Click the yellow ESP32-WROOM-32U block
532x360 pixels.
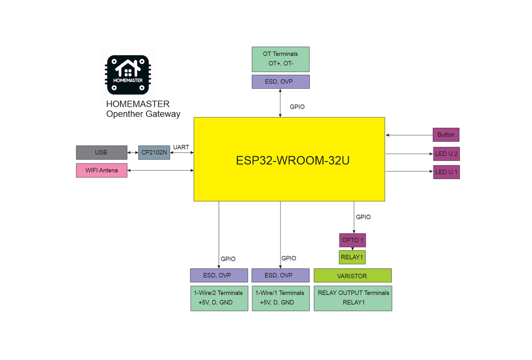pyautogui.click(x=289, y=159)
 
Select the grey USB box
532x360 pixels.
pyautogui.click(x=101, y=153)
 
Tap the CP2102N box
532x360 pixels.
pyautogui.click(x=154, y=153)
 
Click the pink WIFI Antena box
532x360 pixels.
pyautogui.click(x=101, y=170)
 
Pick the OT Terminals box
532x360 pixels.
pyautogui.click(x=281, y=59)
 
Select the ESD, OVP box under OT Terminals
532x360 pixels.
pyautogui.click(x=281, y=82)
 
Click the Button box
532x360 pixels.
pyautogui.click(x=446, y=135)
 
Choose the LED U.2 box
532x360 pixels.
pyautogui.click(x=446, y=154)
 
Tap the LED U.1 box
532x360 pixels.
pyautogui.click(x=446, y=172)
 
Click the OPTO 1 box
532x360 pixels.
pyautogui.click(x=352, y=240)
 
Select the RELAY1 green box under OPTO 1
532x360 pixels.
pyautogui.click(x=352, y=257)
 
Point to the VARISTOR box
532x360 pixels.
pyautogui.click(x=352, y=276)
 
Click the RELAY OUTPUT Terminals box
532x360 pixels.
pyautogui.click(x=353, y=298)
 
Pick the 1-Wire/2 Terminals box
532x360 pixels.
pyautogui.click(x=219, y=298)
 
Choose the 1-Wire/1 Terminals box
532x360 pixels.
pyautogui.click(x=281, y=298)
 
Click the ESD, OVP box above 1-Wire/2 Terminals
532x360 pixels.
pyautogui.click(x=219, y=275)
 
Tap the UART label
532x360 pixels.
pyautogui.click(x=181, y=147)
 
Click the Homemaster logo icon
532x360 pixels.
pyautogui.click(x=128, y=74)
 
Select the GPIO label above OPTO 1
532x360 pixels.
pyautogui.click(x=363, y=217)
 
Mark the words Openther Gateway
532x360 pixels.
pyautogui.click(x=143, y=114)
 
